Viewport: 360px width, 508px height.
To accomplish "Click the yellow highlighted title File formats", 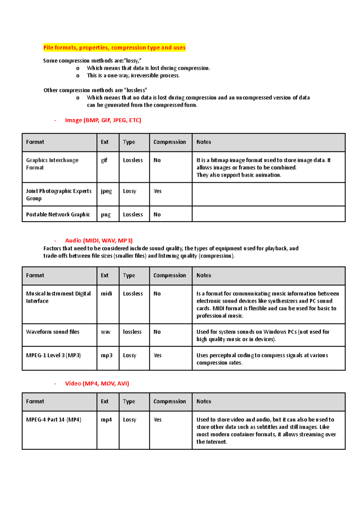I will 114,48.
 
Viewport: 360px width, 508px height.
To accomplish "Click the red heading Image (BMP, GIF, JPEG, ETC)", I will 103,120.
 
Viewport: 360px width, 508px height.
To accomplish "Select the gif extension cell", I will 104,160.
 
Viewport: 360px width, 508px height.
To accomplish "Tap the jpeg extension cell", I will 106,191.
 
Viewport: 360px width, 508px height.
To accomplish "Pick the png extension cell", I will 106,215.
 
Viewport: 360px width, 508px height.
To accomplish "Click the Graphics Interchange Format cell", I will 52,164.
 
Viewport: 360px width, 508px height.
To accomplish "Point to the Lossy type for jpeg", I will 130,191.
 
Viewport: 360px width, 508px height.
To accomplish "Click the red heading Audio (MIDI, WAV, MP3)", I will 99,241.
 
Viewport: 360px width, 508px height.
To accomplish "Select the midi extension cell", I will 106,294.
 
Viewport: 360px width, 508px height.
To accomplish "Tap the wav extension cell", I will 106,332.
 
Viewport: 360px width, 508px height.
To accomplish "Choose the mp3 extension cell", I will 106,355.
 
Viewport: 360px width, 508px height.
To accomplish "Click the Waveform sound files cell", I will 53,332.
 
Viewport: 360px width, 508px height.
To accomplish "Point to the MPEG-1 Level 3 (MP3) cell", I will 53,355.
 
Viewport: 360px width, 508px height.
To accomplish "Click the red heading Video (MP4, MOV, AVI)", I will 97,384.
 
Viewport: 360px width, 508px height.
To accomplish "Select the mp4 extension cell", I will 106,420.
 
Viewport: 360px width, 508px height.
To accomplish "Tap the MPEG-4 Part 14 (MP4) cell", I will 54,420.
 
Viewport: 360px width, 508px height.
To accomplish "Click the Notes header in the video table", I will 204,402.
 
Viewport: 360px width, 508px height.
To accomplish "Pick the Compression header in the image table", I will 169,142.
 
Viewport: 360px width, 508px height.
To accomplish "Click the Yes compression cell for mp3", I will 157,355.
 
